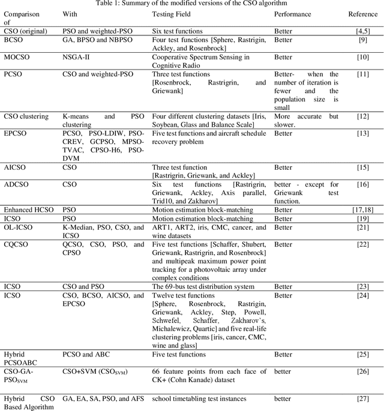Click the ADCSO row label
17,184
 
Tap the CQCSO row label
17,244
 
